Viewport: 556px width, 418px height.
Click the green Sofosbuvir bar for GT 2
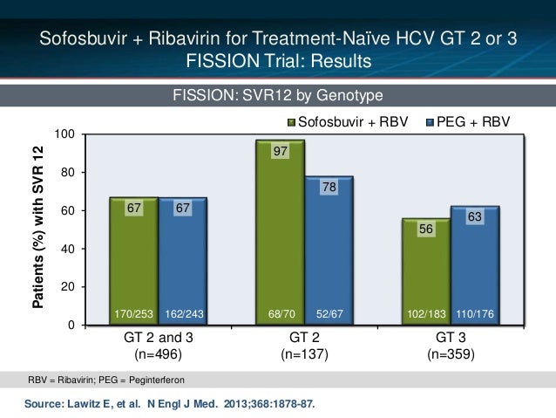pyautogui.click(x=280, y=232)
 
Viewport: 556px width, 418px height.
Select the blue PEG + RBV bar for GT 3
pyautogui.click(x=475, y=265)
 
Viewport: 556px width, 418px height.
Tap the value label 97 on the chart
pyautogui.click(x=280, y=151)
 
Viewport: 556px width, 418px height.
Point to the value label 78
pyautogui.click(x=329, y=187)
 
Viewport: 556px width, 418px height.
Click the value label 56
pyautogui.click(x=426, y=229)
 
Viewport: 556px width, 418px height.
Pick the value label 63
pyautogui.click(x=475, y=216)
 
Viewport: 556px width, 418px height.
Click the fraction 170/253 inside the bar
pyautogui.click(x=133, y=314)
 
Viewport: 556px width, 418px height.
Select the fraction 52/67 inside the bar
pyautogui.click(x=329, y=314)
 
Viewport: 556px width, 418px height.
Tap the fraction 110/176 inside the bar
pyautogui.click(x=475, y=314)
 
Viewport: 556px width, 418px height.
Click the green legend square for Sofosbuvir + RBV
pyautogui.click(x=291, y=123)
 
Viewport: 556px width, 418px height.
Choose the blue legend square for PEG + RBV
pyautogui.click(x=430, y=123)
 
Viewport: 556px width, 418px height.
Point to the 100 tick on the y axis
pyautogui.click(x=64, y=134)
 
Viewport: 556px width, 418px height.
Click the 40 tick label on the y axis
pyautogui.click(x=68, y=249)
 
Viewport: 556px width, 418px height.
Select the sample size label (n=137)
pyautogui.click(x=305, y=354)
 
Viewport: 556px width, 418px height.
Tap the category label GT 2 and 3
pyautogui.click(x=158, y=338)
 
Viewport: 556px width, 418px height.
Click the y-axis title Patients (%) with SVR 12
pyautogui.click(x=38, y=227)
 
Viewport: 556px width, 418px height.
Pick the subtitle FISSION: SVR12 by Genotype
pyautogui.click(x=278, y=95)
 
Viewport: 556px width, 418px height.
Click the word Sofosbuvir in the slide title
pyautogui.click(x=83, y=38)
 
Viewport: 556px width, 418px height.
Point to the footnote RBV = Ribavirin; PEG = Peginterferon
pyautogui.click(x=106, y=380)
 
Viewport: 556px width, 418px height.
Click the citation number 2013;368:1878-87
pyautogui.click(x=269, y=404)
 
